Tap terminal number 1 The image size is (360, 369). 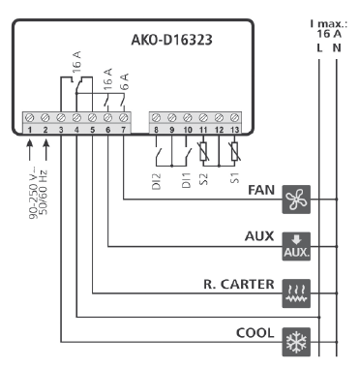click(x=30, y=129)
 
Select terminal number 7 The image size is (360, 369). click(x=123, y=129)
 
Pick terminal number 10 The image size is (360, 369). click(x=187, y=129)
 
